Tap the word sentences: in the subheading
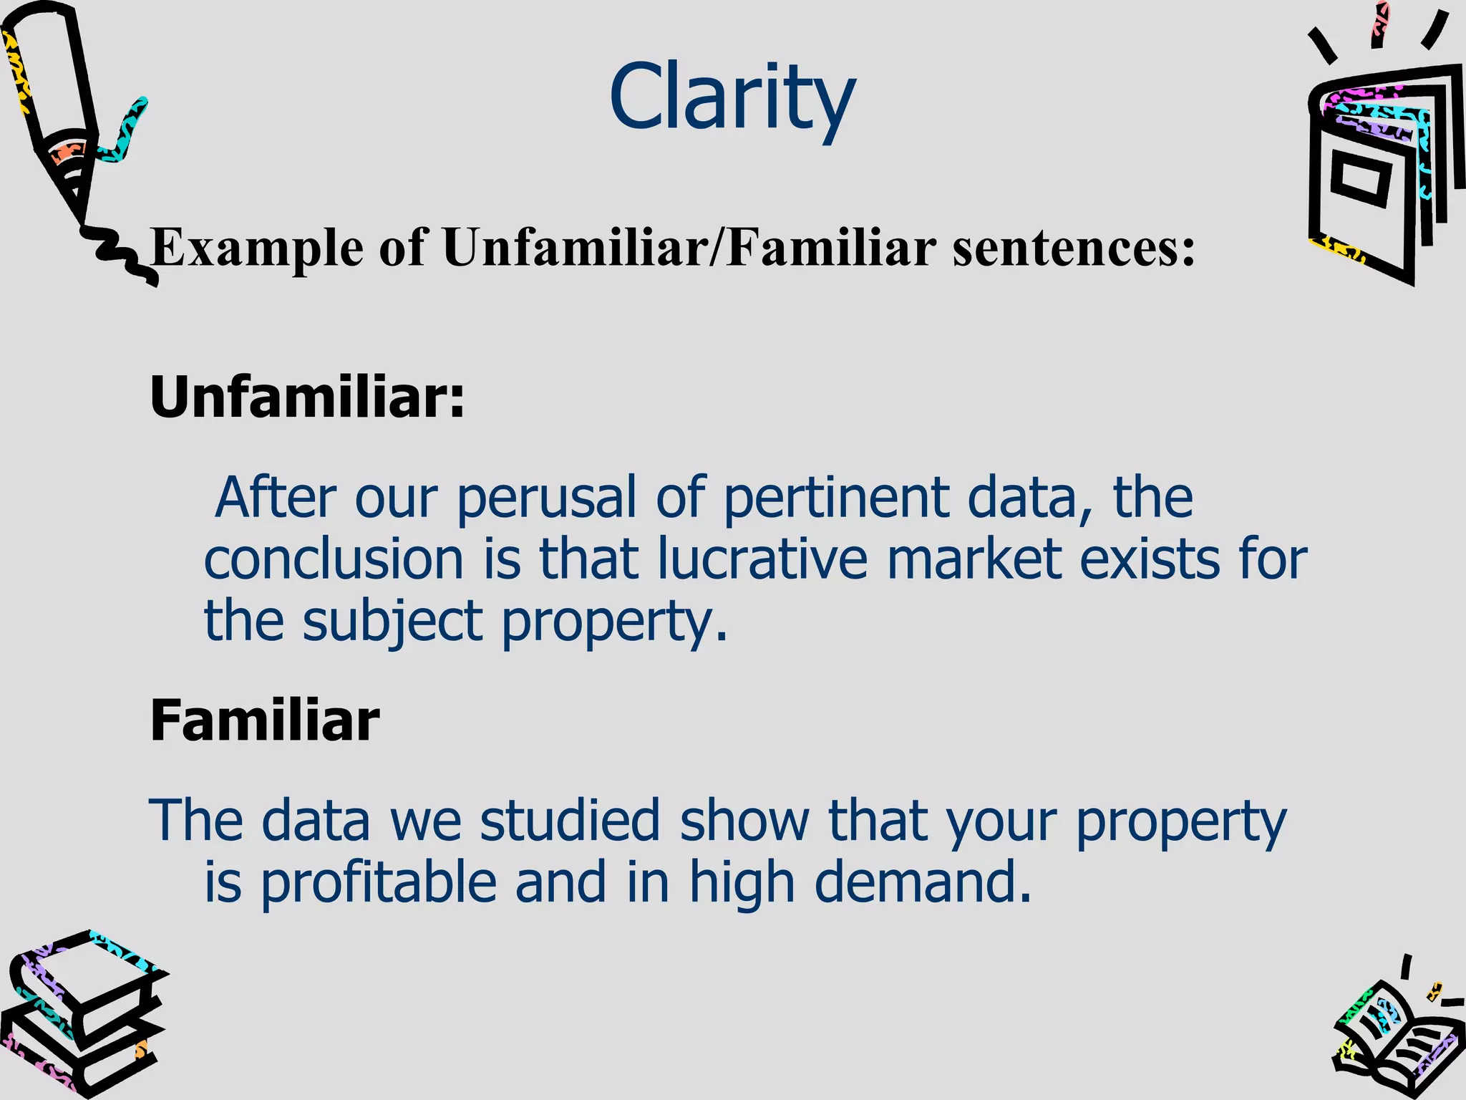click(1074, 248)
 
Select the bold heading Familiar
click(264, 720)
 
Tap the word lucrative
click(762, 559)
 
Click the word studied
click(570, 821)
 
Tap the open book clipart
click(1396, 1038)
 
